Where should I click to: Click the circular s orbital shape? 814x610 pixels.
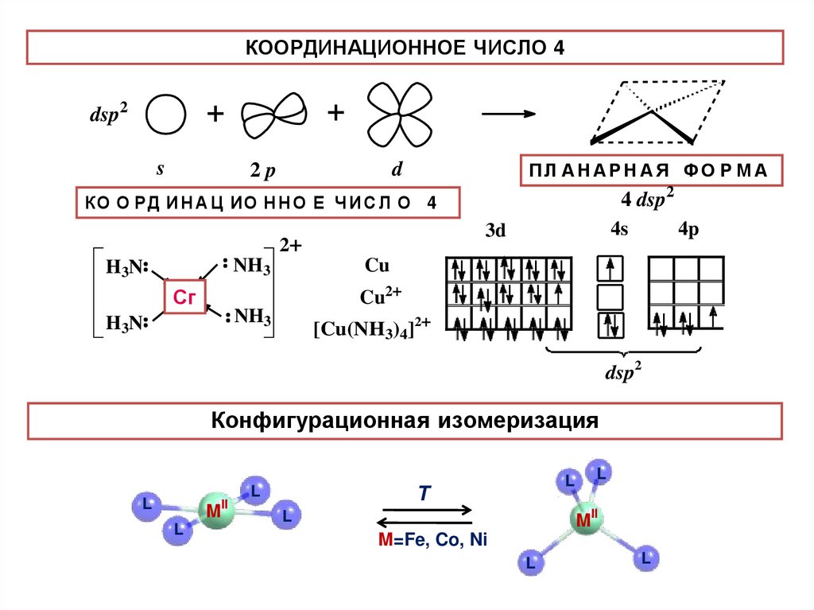(x=166, y=116)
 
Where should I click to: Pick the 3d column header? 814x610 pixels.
(x=495, y=231)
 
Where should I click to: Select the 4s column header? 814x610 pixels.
(x=619, y=230)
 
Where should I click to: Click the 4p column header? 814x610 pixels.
(x=688, y=230)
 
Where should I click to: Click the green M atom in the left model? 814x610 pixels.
(x=214, y=510)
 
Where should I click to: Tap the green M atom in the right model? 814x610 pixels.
(x=587, y=520)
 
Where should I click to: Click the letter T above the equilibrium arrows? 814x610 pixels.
(x=424, y=494)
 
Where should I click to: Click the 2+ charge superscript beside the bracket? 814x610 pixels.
(x=289, y=247)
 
